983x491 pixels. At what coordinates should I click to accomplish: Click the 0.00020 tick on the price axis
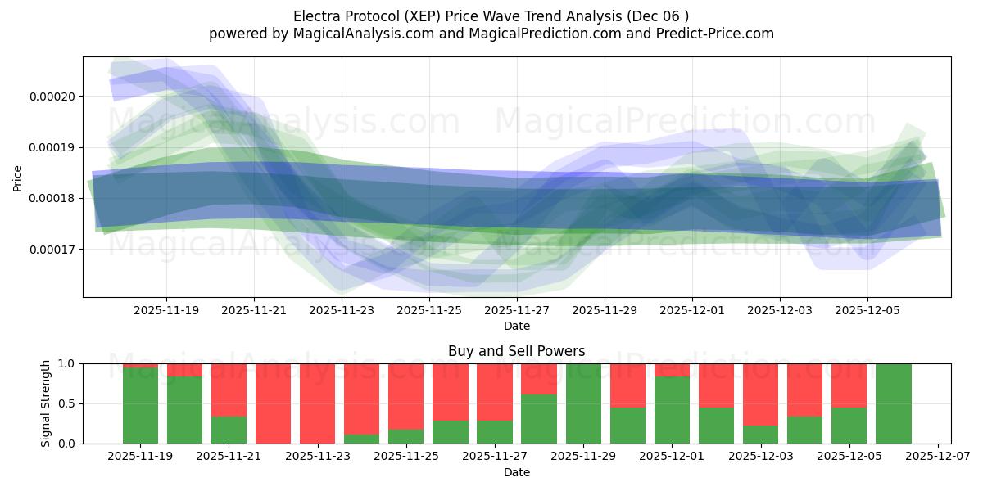tap(52, 97)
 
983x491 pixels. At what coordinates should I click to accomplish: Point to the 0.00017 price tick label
tap(52, 249)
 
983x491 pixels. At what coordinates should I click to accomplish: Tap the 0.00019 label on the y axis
tap(52, 147)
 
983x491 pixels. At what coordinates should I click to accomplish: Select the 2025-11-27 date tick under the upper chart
tap(517, 310)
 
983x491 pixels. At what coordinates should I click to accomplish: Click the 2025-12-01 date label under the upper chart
tap(692, 310)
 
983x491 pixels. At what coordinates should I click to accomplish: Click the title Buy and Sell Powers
tap(516, 351)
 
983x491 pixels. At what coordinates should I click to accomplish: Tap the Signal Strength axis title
tap(46, 403)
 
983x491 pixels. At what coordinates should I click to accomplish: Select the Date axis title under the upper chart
tap(516, 326)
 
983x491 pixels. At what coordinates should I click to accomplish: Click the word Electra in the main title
tap(315, 16)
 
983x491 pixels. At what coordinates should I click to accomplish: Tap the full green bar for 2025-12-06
tap(894, 403)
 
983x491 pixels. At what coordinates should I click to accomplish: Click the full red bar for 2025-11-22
tap(274, 403)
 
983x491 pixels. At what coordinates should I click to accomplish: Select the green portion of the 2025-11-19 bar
tap(140, 405)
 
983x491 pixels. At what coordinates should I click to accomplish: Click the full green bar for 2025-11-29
tap(584, 403)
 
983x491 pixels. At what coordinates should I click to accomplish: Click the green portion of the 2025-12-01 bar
tap(673, 410)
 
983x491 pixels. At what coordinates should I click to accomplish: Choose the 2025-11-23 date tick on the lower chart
tap(317, 457)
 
